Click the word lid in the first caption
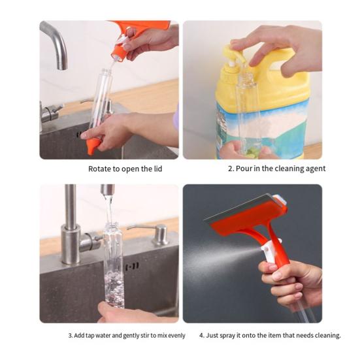[x=158, y=169]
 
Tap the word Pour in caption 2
[x=244, y=169]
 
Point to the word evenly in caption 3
[x=176, y=336]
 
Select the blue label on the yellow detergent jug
[x=262, y=129]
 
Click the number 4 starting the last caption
[x=201, y=335]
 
